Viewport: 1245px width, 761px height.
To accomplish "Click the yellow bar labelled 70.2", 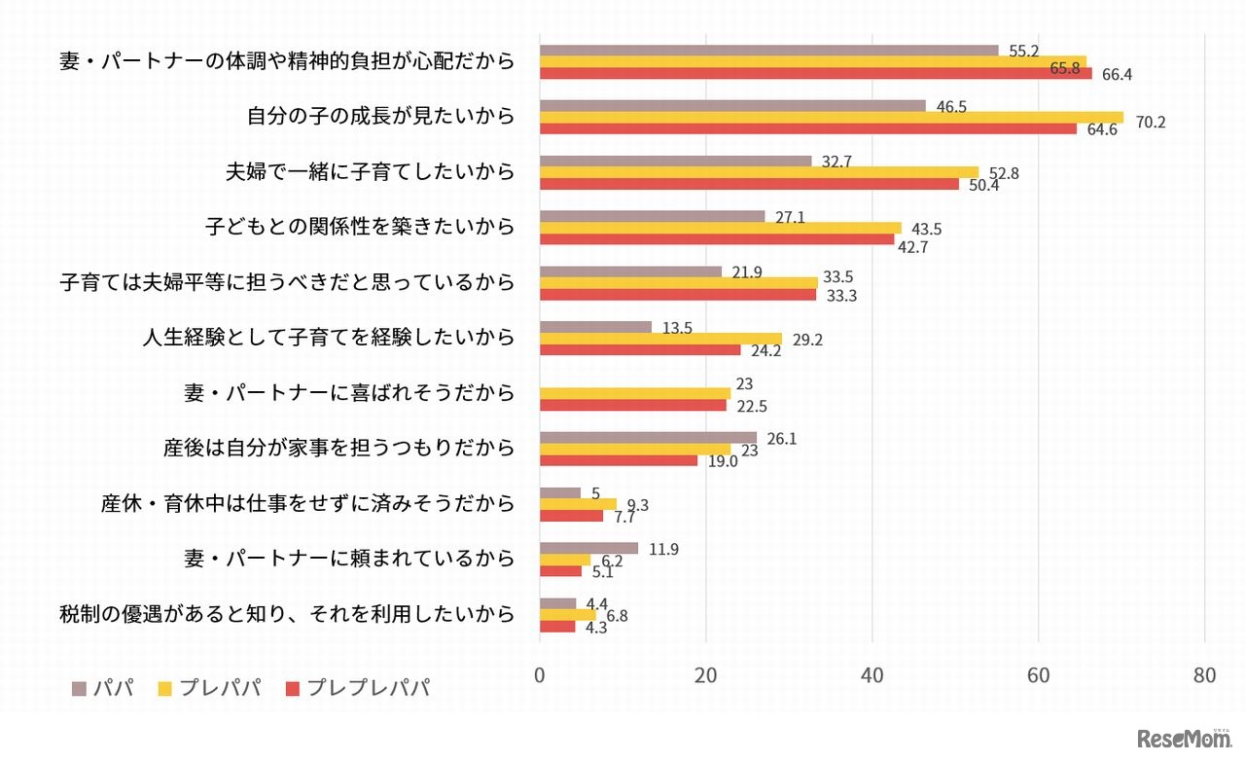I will [831, 118].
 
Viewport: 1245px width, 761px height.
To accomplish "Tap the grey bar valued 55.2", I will [768, 51].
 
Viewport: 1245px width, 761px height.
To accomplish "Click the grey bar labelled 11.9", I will [588, 549].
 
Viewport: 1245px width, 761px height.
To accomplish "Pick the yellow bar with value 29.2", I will [660, 339].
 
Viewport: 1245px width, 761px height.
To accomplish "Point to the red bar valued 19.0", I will [619, 460].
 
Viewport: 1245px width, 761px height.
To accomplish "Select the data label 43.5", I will [923, 229].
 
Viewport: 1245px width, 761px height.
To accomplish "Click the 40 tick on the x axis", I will [871, 676].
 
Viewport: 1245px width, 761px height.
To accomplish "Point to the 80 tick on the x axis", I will [1204, 676].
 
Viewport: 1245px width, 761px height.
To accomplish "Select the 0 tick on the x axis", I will [540, 676].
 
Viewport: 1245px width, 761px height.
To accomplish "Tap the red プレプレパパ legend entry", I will [356, 689].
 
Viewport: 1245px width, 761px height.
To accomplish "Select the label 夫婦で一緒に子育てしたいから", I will [369, 172].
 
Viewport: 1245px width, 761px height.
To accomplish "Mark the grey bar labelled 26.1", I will [648, 438].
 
